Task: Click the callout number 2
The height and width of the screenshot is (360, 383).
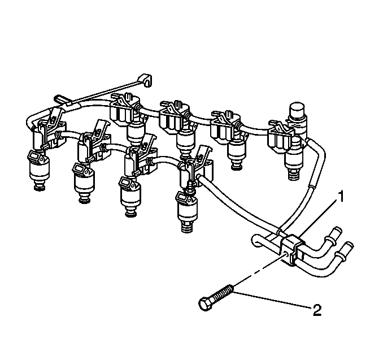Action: click(317, 310)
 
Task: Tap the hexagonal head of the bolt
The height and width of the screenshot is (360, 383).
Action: click(204, 304)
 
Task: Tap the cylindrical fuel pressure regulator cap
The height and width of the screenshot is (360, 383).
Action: click(297, 111)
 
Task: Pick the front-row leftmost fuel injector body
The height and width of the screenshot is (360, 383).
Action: click(39, 168)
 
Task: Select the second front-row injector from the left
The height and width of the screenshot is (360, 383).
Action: click(84, 182)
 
